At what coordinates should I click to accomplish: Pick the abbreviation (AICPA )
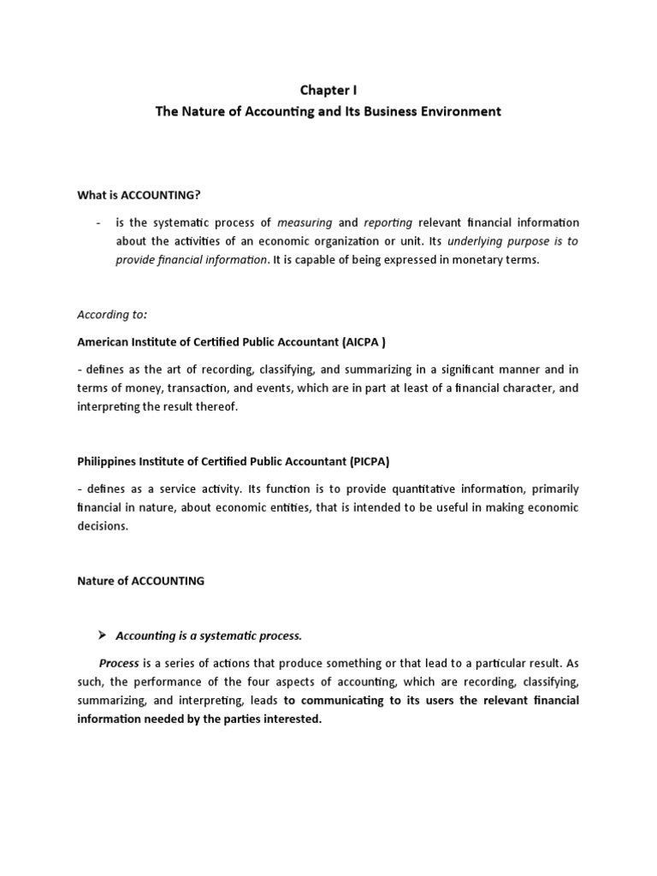coord(366,340)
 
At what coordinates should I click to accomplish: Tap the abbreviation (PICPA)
coord(368,460)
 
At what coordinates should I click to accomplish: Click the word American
coord(103,340)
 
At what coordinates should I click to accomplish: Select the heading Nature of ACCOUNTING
coord(141,580)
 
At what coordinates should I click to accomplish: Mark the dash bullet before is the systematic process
coord(99,222)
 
